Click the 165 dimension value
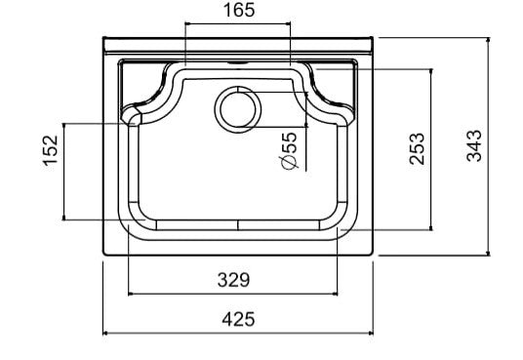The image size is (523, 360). (239, 10)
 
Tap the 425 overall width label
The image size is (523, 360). (238, 319)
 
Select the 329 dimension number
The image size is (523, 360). (233, 280)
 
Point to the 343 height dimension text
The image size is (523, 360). (474, 145)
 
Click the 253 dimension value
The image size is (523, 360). (417, 149)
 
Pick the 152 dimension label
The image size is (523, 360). (51, 150)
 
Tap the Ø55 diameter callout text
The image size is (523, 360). (289, 151)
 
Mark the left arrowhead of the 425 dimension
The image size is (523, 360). (105, 333)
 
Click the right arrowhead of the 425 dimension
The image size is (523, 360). (370, 333)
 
